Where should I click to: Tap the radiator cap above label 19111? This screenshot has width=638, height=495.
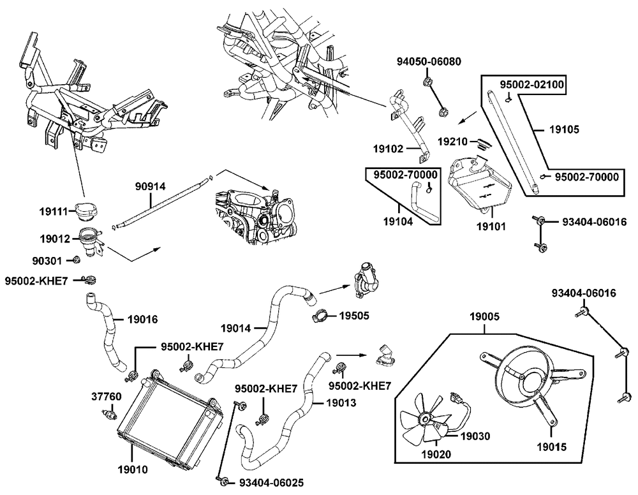click(x=84, y=210)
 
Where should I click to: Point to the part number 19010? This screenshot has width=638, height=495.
click(x=133, y=470)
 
